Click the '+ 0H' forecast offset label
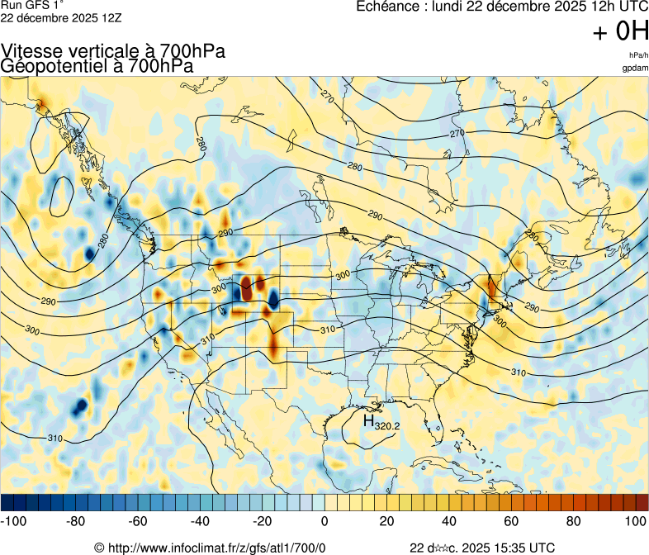click(x=620, y=32)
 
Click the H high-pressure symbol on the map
click(x=368, y=420)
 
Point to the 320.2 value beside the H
click(x=387, y=426)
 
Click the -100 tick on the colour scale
click(x=13, y=521)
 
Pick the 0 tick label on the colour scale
click(x=324, y=521)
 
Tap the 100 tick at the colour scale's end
click(x=636, y=521)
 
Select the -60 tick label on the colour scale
click(x=138, y=521)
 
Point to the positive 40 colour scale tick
click(x=449, y=521)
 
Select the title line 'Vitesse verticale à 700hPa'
click(x=113, y=51)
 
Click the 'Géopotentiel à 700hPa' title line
click(x=97, y=66)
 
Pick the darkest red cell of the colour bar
click(x=642, y=501)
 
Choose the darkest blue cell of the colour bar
click(x=7, y=501)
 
